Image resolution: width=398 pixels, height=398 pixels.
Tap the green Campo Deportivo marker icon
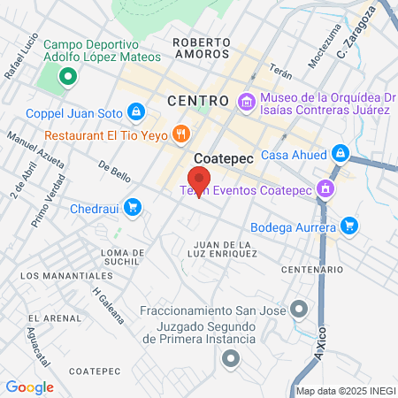tap(66, 76)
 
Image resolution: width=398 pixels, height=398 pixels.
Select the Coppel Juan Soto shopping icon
tap(135, 111)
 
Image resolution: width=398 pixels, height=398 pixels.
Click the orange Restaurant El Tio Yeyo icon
tap(180, 134)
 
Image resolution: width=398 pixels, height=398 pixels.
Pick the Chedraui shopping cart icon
tap(132, 207)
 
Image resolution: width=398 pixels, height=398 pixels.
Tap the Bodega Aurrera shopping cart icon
tap(349, 226)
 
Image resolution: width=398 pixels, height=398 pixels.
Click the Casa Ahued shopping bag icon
tap(340, 154)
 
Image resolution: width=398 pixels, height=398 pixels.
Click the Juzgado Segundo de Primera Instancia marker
tap(232, 358)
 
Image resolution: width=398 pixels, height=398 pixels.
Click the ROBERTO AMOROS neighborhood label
tap(202, 48)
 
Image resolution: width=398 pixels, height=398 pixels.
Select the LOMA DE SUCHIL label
tap(122, 257)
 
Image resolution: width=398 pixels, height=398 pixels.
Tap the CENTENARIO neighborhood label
tap(311, 269)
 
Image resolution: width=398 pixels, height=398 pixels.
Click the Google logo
tap(30, 387)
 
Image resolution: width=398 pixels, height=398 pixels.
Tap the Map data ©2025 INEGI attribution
tap(344, 391)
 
